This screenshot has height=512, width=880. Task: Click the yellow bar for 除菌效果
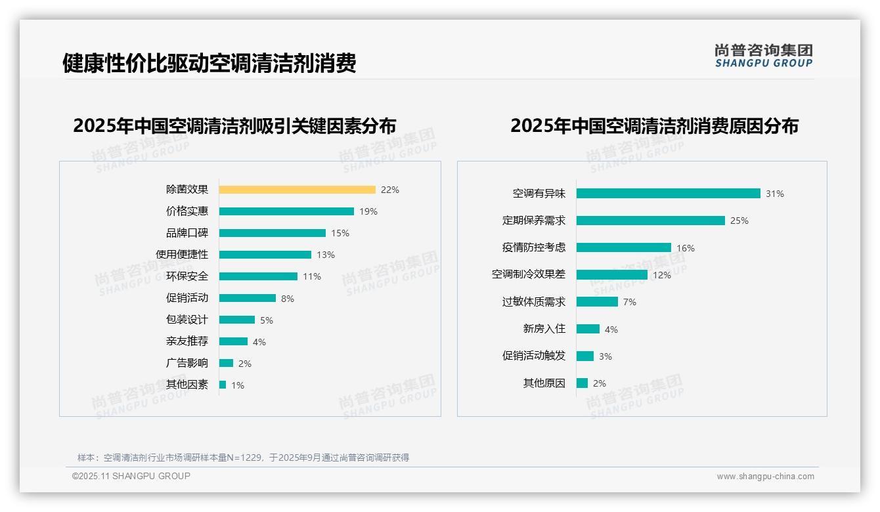(297, 190)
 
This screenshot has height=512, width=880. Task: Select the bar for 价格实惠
(286, 211)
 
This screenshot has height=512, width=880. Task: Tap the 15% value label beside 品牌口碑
(340, 233)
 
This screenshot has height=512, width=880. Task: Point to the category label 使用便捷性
(182, 255)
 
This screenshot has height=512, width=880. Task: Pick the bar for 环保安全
(258, 276)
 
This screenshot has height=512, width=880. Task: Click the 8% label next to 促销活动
(288, 299)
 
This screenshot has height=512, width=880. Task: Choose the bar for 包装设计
(237, 320)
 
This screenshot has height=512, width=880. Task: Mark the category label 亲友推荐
(187, 341)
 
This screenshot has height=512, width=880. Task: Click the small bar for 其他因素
(223, 385)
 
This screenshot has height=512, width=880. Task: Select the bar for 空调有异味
(668, 194)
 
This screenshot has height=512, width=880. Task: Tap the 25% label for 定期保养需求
(739, 221)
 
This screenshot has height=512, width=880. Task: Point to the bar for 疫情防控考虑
(623, 247)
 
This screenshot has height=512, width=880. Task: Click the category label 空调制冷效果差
(529, 274)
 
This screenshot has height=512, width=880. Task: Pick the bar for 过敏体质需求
(597, 302)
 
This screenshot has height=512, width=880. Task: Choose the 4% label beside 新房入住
(611, 330)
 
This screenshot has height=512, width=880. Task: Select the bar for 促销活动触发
(585, 356)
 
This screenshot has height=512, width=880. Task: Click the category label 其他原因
(544, 383)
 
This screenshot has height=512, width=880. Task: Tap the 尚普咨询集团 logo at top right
(764, 56)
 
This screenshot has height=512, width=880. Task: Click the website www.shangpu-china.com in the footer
(765, 477)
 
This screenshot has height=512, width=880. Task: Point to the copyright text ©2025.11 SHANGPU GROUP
(131, 476)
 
